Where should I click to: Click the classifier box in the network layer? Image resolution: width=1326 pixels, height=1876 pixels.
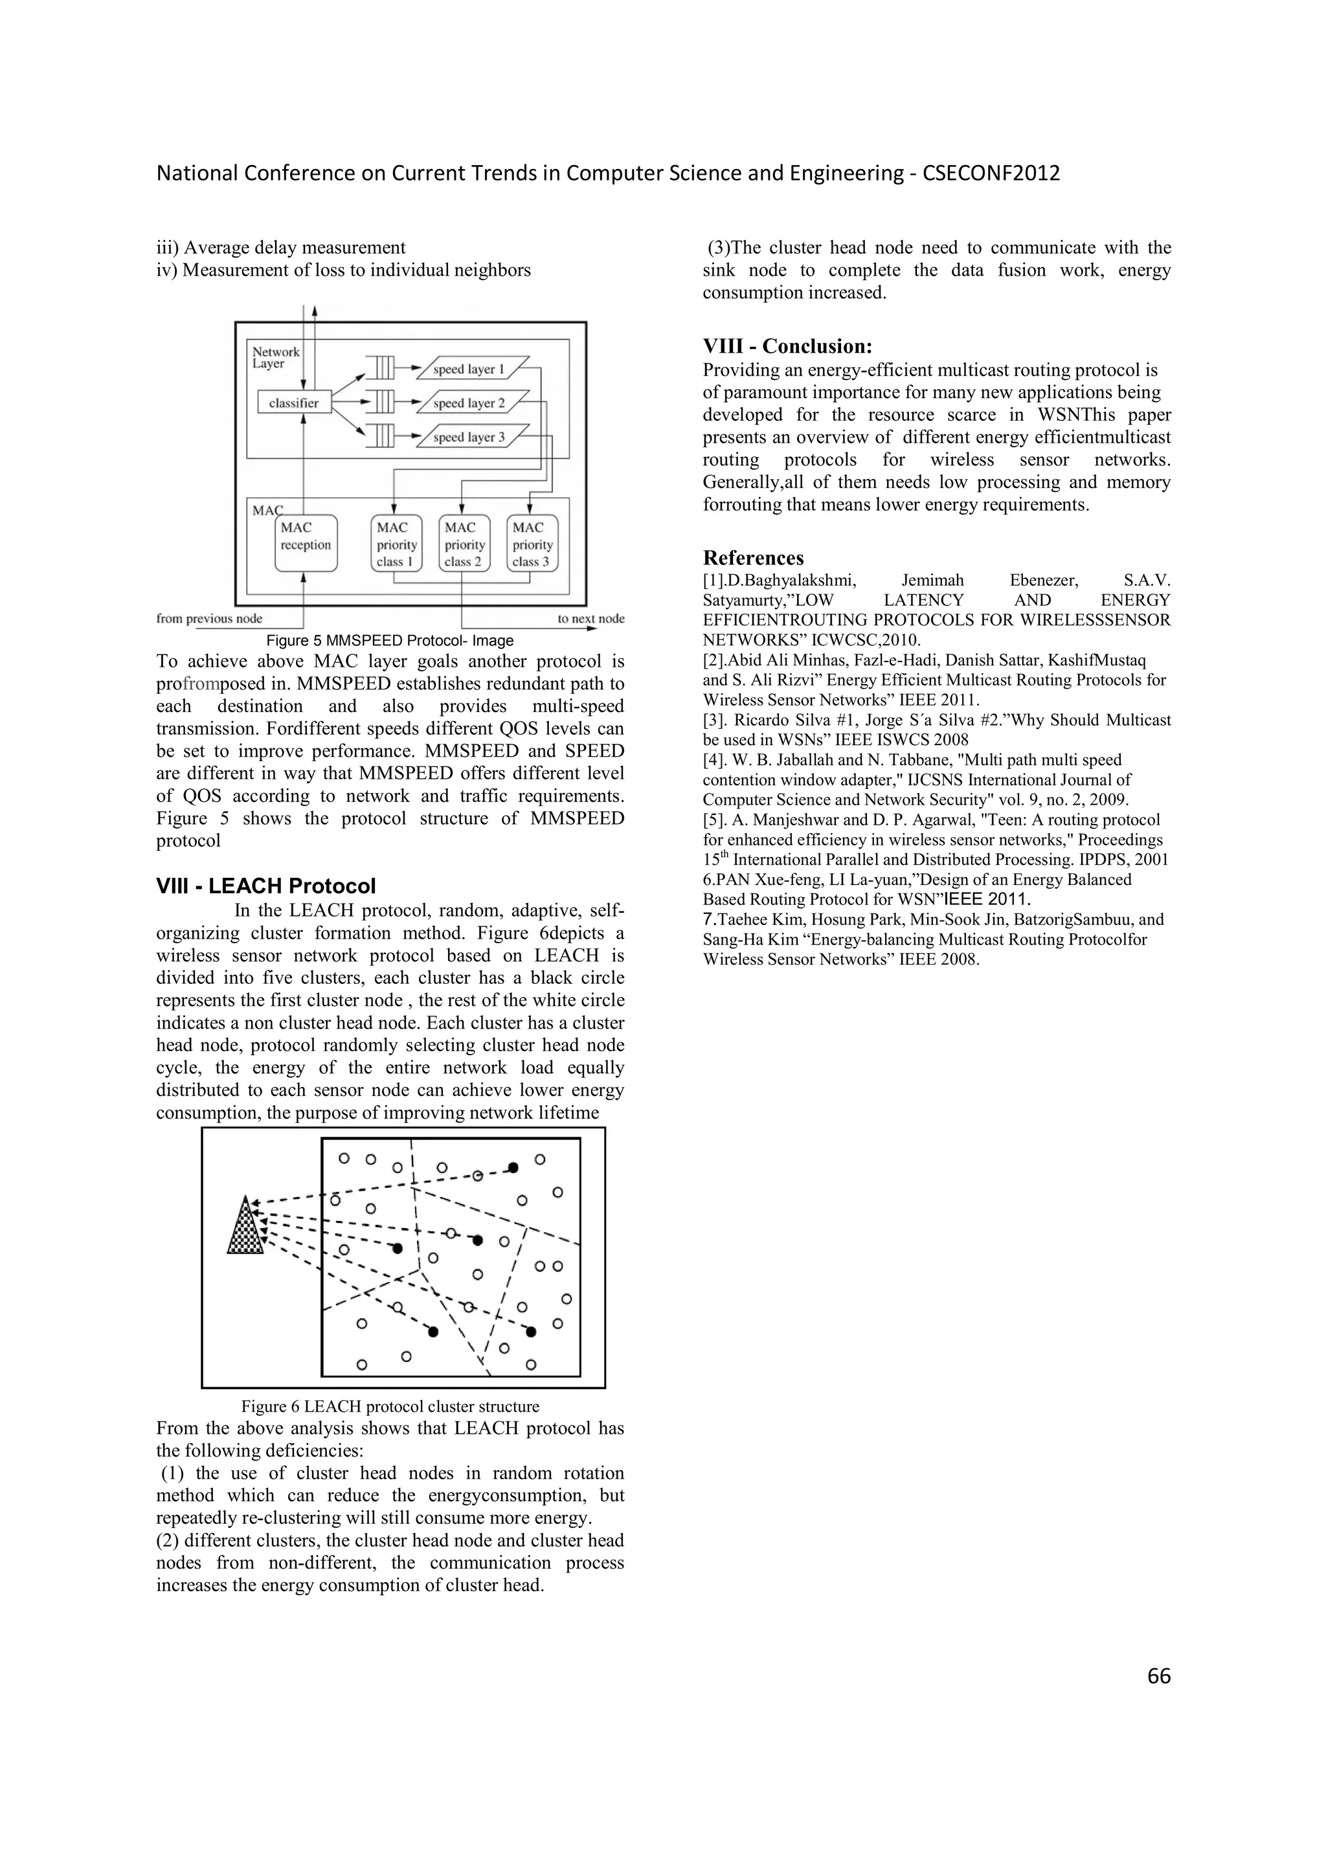coord(294,403)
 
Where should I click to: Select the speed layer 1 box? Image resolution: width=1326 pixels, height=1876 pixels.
coord(471,370)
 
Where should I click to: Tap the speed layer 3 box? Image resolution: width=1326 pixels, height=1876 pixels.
coord(471,437)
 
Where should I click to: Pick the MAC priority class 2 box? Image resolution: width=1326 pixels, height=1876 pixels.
coord(464,543)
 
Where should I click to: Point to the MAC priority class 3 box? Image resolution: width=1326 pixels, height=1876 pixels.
coord(532,543)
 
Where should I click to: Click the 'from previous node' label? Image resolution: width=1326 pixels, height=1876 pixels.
coord(209,618)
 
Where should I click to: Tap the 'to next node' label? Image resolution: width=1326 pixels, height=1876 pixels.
coord(590,618)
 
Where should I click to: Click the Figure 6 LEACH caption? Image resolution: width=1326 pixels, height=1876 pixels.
coord(390,1406)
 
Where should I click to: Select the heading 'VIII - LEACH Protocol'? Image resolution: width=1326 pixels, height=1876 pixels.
coord(265,886)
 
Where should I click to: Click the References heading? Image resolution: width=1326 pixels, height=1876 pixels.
coord(753,558)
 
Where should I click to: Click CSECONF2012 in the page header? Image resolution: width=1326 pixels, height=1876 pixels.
coord(991,173)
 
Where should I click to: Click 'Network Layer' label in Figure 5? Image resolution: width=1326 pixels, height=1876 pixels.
coord(275,358)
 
